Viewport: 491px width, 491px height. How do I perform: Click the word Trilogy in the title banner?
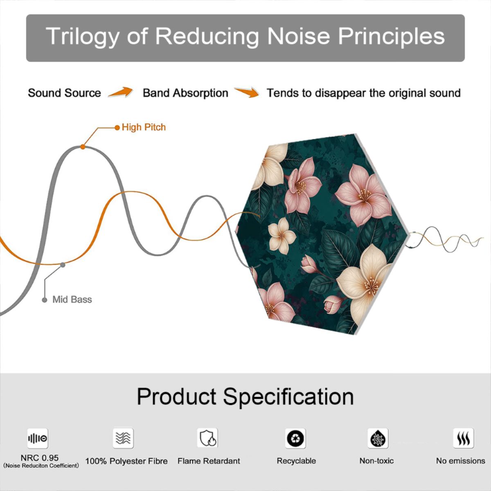coord(83,36)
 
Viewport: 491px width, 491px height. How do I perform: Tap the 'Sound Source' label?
coord(65,93)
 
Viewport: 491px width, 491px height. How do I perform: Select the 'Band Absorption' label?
coord(185,93)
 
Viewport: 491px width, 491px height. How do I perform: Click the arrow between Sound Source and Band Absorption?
coord(121,92)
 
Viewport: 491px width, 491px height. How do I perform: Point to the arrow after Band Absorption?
coord(247,92)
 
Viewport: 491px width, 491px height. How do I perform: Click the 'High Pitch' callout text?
coord(144,127)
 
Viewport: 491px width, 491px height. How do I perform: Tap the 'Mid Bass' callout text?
coord(72,300)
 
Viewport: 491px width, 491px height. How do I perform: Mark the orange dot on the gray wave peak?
coord(83,147)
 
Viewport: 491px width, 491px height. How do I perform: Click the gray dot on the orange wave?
coord(63,265)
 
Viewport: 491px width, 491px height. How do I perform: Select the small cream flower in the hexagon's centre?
coord(282,236)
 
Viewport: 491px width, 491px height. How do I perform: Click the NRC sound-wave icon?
coord(38,438)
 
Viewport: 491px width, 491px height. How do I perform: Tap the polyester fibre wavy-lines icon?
coord(123,438)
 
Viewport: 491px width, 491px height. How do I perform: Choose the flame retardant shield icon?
coord(207,438)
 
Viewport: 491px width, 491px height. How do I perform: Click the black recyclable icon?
coord(295,438)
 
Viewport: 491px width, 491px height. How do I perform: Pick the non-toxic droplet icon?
coord(378,438)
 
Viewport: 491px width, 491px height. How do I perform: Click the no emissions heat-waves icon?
coord(464,438)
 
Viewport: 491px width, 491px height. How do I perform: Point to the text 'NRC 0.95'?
coord(40,458)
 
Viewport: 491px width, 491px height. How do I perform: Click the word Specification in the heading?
coord(288,396)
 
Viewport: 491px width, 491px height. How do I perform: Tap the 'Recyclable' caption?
coord(296,461)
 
